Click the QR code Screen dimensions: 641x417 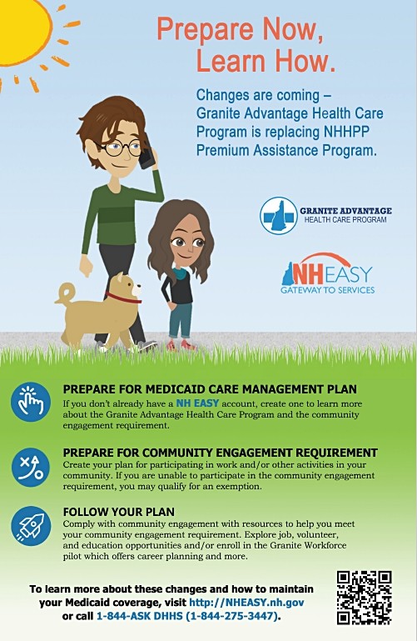(x=364, y=598)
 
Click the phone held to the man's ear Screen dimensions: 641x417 (x=146, y=156)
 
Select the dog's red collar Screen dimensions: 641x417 (x=122, y=297)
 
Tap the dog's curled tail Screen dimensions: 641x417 (x=64, y=293)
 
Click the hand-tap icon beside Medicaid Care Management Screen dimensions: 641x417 (x=31, y=403)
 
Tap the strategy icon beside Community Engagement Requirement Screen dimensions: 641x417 (x=31, y=467)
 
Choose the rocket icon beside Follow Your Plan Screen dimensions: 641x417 (x=31, y=526)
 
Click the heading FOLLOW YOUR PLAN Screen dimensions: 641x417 (x=118, y=512)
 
